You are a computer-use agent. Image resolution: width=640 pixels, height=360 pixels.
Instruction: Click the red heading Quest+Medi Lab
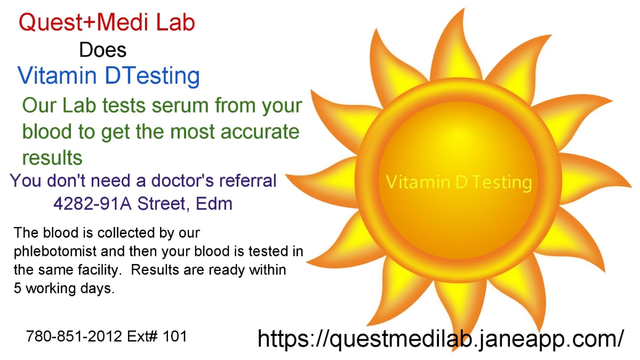(107, 22)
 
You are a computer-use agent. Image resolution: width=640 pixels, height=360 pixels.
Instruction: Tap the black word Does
(102, 50)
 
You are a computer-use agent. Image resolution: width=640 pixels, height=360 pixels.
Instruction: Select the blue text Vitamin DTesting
(109, 76)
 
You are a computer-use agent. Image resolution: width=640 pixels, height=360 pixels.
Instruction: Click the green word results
(52, 157)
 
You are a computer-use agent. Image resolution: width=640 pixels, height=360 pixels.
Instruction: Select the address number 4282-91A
(93, 203)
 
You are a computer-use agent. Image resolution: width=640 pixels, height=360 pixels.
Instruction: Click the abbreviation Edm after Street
(214, 203)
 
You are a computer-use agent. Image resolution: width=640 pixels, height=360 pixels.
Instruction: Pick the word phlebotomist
(55, 252)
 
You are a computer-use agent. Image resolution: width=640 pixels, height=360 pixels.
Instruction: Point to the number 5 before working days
(18, 288)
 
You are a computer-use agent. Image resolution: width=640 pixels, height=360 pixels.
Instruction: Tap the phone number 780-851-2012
(74, 336)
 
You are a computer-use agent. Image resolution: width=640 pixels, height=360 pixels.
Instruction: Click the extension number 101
(175, 336)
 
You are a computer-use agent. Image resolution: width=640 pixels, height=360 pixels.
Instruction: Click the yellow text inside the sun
(459, 182)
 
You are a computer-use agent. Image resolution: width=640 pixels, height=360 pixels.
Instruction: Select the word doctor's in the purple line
(182, 180)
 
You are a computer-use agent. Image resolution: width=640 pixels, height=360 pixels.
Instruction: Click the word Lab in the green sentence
(79, 105)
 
